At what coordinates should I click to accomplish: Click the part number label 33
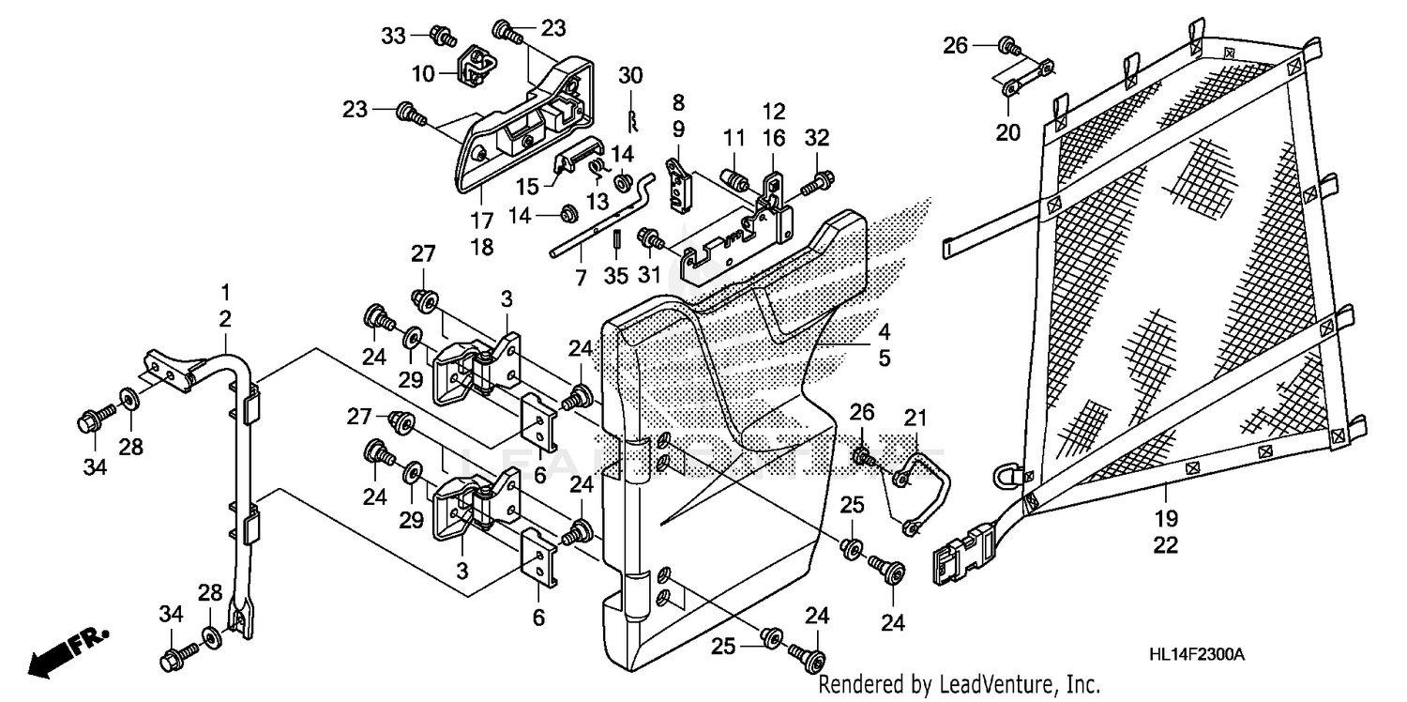392,36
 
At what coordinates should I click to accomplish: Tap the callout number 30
630,75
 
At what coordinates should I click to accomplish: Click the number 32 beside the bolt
816,137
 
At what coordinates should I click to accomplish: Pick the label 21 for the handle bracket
915,418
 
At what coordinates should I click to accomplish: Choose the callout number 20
1007,132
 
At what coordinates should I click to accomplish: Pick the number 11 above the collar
734,138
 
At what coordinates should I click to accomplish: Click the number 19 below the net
1165,518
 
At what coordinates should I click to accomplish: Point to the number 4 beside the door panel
884,331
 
